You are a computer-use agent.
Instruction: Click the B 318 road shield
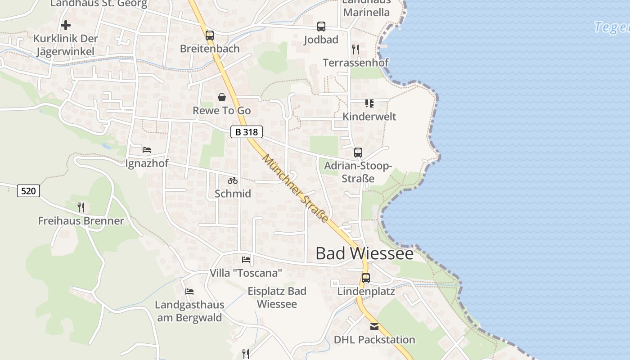click(247, 132)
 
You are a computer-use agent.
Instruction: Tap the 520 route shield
click(28, 191)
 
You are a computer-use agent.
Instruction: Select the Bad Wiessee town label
click(364, 253)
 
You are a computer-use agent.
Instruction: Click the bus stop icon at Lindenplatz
click(365, 278)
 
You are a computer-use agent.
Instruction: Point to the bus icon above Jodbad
click(321, 26)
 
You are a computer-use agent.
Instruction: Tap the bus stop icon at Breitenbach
click(210, 35)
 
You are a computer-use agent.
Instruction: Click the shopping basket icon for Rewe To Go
click(222, 97)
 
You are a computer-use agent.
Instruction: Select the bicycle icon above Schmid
click(233, 180)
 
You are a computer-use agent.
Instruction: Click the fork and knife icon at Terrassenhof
click(355, 49)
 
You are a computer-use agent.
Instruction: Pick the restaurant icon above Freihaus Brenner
click(81, 207)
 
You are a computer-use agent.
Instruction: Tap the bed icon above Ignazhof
click(147, 149)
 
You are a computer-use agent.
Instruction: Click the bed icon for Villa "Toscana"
click(246, 259)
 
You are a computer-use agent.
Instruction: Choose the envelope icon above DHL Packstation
click(374, 326)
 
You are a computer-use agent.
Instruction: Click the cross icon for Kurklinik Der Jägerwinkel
click(66, 25)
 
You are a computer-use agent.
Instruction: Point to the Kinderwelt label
click(369, 117)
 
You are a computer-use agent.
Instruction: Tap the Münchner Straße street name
click(295, 188)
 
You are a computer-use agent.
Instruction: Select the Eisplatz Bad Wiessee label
click(277, 297)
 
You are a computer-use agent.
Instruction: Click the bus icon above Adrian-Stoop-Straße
click(358, 152)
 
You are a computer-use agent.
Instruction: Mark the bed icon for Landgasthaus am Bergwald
click(189, 292)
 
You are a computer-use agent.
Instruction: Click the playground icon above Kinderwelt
click(369, 103)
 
